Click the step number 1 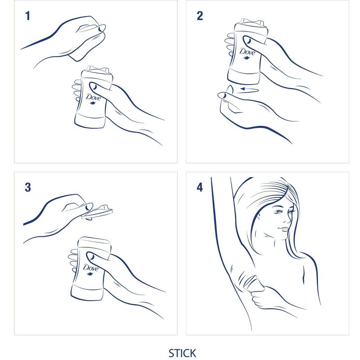[x=28, y=16]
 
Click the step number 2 [x=200, y=16]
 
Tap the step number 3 [x=28, y=187]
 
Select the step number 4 [x=200, y=187]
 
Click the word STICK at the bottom [x=183, y=353]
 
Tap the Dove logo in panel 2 [x=247, y=53]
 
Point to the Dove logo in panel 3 [x=90, y=269]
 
